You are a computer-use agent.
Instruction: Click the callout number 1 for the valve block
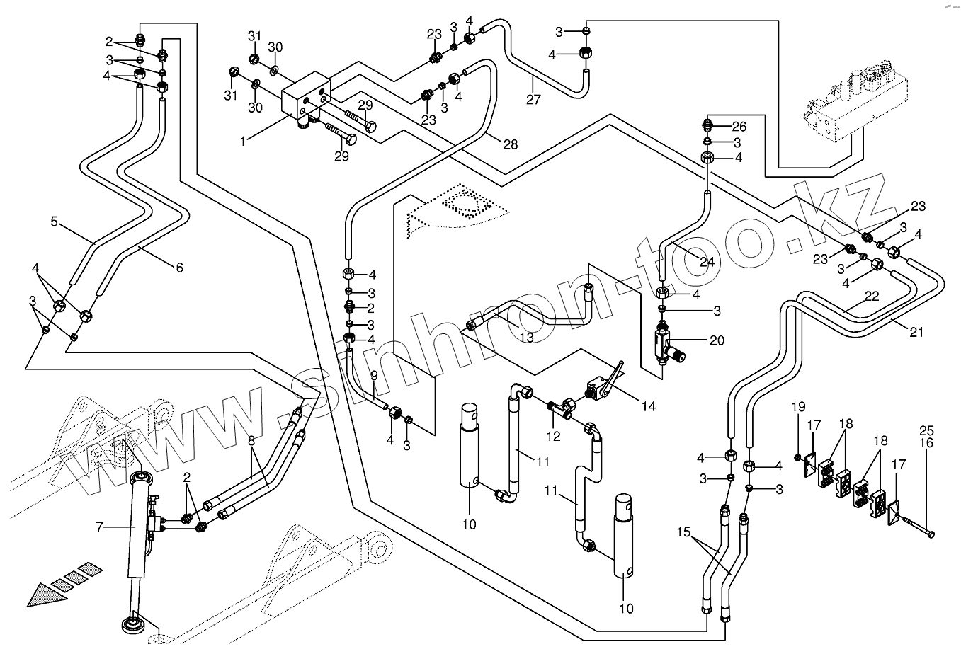(242, 141)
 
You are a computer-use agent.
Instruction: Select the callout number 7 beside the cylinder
(100, 526)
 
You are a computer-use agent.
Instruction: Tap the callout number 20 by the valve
(717, 340)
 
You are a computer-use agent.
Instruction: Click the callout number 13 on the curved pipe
(526, 338)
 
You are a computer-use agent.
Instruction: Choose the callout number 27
(533, 99)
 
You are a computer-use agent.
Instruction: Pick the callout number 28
(511, 144)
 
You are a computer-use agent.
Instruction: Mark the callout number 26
(739, 127)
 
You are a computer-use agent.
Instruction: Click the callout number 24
(707, 261)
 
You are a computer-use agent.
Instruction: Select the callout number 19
(798, 407)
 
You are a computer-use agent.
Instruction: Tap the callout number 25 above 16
(926, 430)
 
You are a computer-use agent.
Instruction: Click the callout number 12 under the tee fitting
(553, 436)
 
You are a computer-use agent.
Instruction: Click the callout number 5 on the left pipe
(55, 222)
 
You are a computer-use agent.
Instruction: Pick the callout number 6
(179, 267)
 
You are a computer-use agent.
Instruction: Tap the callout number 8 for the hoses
(251, 440)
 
